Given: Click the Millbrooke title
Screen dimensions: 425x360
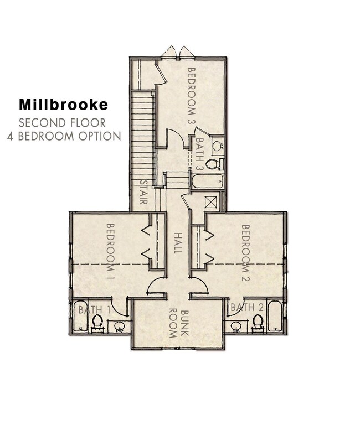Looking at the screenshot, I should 64,104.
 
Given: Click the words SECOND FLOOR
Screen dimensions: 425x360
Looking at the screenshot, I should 62,122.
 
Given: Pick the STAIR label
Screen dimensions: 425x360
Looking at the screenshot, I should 143,193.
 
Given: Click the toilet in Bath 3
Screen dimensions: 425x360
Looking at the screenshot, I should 212,164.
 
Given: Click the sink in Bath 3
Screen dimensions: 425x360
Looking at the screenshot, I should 218,147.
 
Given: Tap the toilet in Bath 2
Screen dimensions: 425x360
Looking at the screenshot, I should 257,321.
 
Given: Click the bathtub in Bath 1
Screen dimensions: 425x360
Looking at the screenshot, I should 79,318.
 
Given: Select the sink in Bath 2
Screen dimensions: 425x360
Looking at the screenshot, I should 236,327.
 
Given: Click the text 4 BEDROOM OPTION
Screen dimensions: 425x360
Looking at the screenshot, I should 64,136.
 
